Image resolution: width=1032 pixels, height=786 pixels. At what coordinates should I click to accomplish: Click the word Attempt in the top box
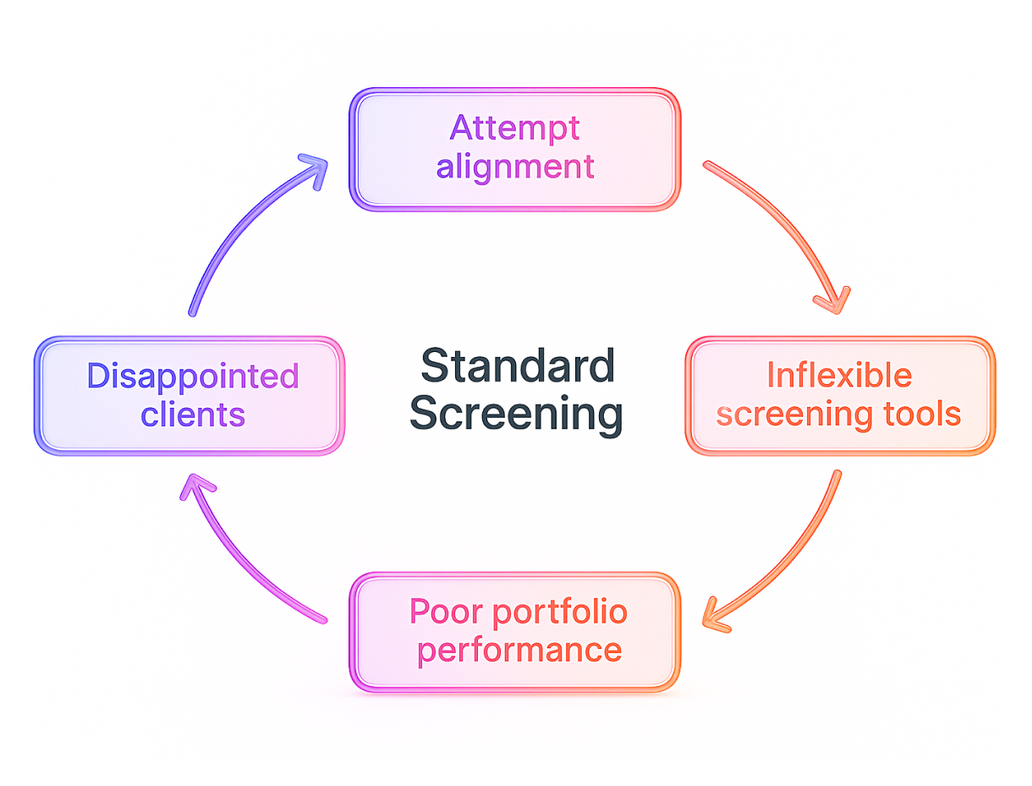click(x=514, y=129)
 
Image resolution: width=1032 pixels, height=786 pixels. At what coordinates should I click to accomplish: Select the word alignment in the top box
click(x=514, y=167)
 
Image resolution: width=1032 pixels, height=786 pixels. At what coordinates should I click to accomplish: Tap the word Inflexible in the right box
click(x=838, y=375)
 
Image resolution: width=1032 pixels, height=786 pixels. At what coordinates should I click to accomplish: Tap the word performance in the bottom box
click(x=519, y=651)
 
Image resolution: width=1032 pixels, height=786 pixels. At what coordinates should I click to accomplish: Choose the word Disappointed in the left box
click(x=193, y=376)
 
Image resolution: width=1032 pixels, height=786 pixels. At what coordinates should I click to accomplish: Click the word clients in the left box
click(x=193, y=415)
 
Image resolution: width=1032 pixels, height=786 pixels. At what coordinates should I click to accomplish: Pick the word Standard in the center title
click(x=517, y=366)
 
